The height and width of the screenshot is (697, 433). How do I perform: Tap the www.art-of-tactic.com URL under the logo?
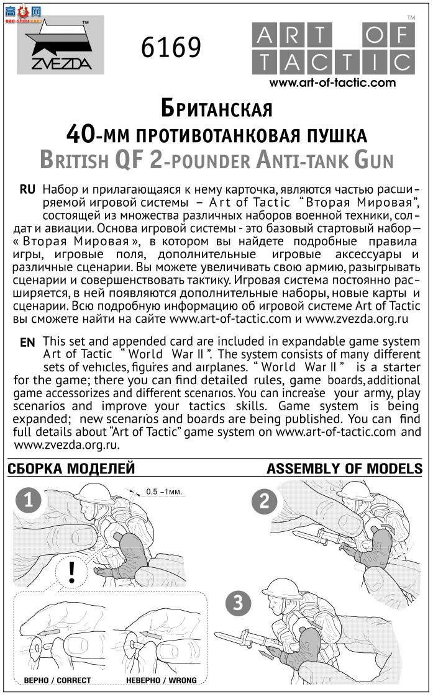332,83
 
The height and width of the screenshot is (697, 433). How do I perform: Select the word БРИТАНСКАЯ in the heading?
216,109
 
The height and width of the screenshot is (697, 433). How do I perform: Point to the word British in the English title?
73,160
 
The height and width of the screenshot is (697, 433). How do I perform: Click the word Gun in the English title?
373,160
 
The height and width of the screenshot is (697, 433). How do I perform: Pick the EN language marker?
28,343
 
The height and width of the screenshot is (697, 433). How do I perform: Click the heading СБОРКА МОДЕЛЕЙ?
71,469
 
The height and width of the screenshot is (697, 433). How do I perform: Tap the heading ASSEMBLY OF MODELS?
344,469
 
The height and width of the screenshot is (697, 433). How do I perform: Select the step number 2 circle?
265,501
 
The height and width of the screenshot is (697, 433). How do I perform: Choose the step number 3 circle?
239,602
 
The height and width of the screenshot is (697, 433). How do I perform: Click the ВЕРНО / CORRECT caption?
57,680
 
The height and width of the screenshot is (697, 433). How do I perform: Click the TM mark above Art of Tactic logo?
411,17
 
